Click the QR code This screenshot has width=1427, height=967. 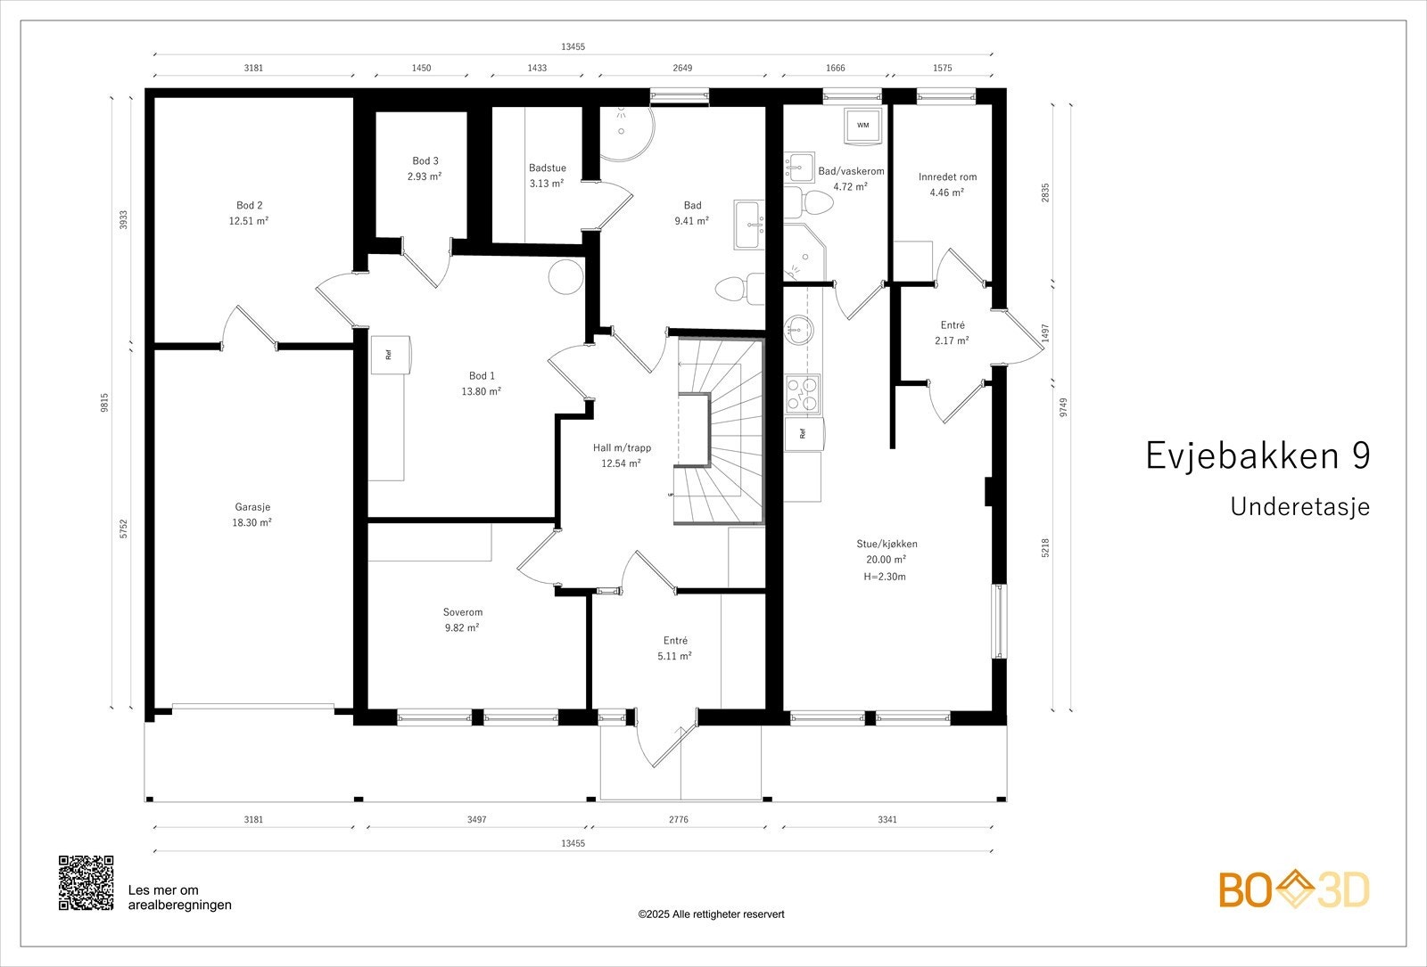pos(87,883)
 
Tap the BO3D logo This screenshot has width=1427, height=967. pos(1294,890)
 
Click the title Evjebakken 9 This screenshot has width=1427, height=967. pos(1258,455)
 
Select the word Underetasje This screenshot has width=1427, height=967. pos(1299,507)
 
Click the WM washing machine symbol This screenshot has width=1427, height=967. pos(862,126)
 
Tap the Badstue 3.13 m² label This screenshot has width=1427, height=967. pos(547,176)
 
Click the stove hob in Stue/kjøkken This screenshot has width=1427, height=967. pos(802,395)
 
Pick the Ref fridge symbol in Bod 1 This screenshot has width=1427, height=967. pos(391,354)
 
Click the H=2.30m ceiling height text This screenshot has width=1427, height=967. pos(885,577)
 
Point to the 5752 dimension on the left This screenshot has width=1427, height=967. pos(124,529)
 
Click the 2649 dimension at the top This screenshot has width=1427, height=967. pos(682,68)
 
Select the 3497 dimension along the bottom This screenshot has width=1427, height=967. pos(476,819)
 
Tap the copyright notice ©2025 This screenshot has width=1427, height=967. pos(711,914)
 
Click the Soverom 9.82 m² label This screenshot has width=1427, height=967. pos(462,619)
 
